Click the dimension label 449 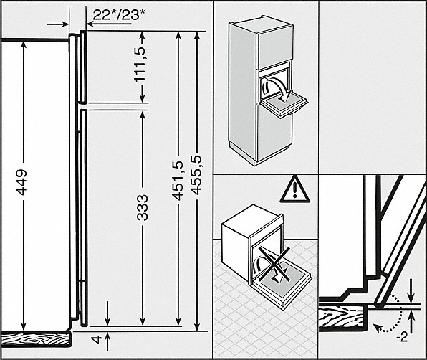(x=21, y=182)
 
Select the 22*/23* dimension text (x=120, y=15)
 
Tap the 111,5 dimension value (x=140, y=65)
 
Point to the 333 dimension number (x=143, y=207)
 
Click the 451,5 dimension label (x=178, y=181)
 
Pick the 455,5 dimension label (x=196, y=175)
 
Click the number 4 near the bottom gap (x=97, y=339)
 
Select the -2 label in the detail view (x=402, y=338)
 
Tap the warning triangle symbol (x=295, y=189)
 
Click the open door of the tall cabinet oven (x=283, y=105)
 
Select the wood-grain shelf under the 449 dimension (x=36, y=339)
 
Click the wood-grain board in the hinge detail (x=343, y=318)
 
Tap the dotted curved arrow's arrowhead (x=377, y=327)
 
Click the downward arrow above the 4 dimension (x=107, y=313)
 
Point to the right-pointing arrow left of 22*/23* (x=58, y=24)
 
